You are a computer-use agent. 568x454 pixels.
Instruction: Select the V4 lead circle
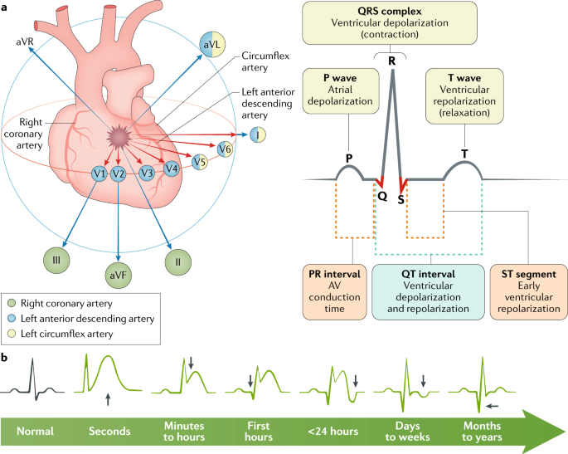pos(172,168)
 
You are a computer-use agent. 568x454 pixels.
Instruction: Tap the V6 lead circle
pos(224,149)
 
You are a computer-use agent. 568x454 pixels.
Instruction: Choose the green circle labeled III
pos(57,260)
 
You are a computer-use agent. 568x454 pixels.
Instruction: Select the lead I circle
pos(259,134)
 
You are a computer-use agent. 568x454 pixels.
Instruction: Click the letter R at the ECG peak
pos(391,59)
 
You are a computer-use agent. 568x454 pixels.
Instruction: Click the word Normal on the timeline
pos(36,432)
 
